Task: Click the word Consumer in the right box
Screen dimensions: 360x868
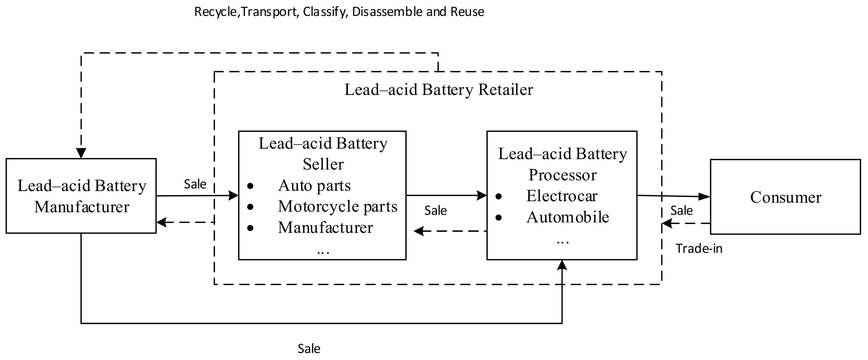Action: coord(785,197)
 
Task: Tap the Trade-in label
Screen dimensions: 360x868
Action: coord(699,249)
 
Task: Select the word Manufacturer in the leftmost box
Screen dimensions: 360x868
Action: coord(82,207)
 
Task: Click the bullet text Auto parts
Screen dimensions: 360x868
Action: coord(314,186)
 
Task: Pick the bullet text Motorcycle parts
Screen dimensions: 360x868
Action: coord(337,206)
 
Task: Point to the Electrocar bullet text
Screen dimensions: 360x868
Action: coord(562,196)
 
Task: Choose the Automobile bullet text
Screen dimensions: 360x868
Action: coord(568,217)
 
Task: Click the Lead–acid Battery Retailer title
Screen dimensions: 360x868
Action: coord(438,90)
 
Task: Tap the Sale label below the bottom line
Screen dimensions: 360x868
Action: coord(309,349)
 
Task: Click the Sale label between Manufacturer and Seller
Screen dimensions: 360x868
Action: coord(195,184)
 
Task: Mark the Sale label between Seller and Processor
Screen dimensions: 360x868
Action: coord(435,211)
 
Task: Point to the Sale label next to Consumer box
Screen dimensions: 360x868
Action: coord(681,211)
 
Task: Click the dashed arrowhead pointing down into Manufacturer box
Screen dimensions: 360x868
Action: coord(81,153)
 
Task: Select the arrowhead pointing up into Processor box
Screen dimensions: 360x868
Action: coord(562,265)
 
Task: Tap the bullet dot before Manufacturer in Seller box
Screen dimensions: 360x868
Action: coord(250,228)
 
